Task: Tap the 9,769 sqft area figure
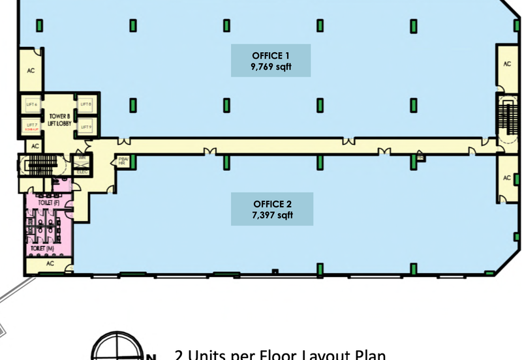coord(271,67)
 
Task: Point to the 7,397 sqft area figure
coord(271,215)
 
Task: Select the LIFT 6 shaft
coord(31,104)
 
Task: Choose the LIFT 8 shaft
coord(85,104)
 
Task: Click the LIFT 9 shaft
coord(85,127)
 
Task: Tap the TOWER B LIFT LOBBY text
coord(59,119)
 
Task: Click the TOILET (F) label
coord(48,203)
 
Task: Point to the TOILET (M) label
coord(40,248)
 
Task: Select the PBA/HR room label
coord(122,161)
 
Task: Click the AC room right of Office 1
coord(507,64)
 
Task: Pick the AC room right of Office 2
coord(507,177)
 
